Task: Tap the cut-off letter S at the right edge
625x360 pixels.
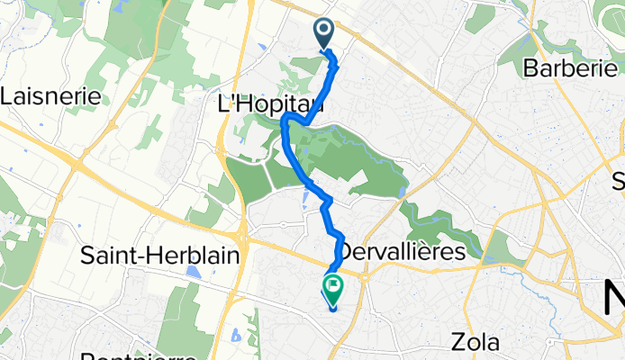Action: (619, 183)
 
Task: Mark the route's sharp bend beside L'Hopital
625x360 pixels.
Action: (285, 120)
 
